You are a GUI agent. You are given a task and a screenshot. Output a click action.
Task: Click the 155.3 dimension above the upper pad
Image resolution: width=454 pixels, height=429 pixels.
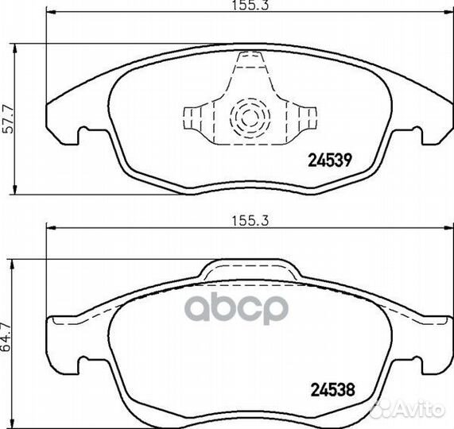click(249, 7)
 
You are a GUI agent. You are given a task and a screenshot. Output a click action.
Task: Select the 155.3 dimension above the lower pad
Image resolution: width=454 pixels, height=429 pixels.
click(249, 224)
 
